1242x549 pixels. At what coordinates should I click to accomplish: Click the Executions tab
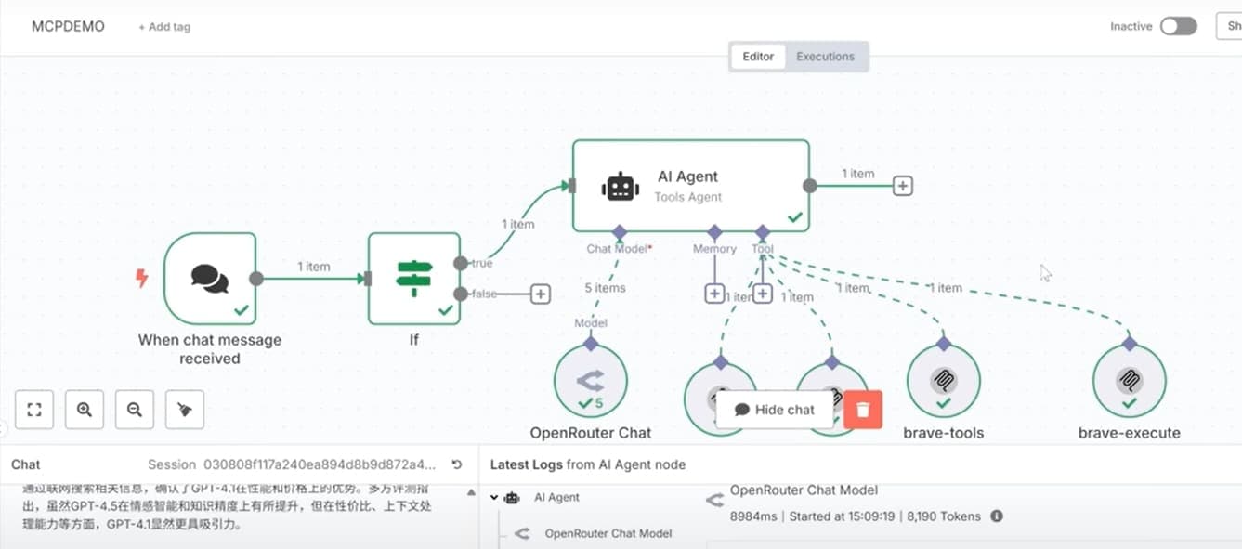tap(825, 57)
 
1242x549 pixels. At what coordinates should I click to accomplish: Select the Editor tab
tap(758, 57)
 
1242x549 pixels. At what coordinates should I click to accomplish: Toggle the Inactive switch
tap(1178, 26)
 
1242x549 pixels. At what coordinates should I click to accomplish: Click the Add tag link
tap(164, 27)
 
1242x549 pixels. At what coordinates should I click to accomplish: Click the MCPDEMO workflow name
tap(68, 26)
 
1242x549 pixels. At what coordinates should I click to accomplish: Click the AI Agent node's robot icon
tap(620, 186)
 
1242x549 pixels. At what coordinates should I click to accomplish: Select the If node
tap(413, 278)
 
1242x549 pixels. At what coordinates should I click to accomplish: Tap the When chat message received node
tap(210, 278)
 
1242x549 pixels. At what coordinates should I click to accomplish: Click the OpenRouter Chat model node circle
tap(591, 381)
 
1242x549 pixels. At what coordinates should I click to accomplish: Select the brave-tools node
tap(943, 381)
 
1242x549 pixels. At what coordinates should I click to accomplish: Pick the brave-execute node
tap(1129, 381)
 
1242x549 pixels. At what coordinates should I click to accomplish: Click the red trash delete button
tap(863, 410)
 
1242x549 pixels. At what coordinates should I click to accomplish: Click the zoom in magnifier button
tap(85, 410)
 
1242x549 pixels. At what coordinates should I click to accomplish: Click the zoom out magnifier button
tap(135, 410)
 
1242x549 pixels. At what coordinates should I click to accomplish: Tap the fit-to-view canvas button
tap(34, 410)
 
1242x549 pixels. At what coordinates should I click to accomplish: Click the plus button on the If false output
tap(540, 294)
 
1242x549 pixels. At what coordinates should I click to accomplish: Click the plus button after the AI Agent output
tap(902, 186)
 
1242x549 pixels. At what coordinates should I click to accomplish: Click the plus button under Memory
tap(714, 294)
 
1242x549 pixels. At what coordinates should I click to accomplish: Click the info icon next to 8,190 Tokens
tap(997, 516)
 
